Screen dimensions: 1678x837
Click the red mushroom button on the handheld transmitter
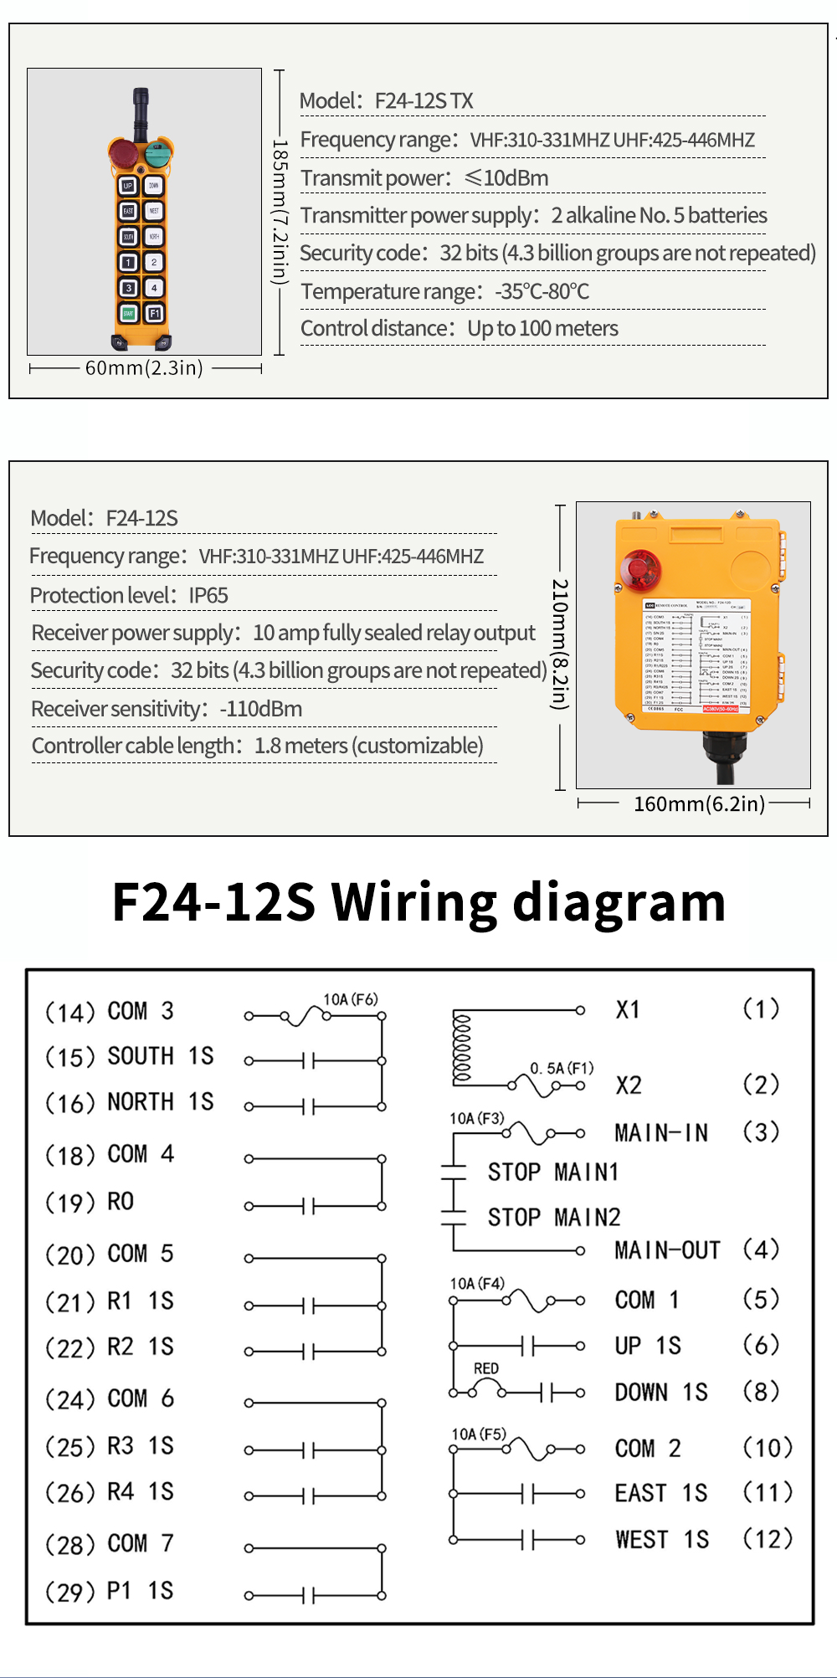pos(123,153)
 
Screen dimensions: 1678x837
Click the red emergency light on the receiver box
pos(640,570)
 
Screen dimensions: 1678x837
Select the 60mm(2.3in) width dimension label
pos(144,368)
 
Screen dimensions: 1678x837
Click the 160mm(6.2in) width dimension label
pos(699,804)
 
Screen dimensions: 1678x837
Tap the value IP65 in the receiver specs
pos(208,596)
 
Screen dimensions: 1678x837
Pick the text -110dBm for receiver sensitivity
pos(261,710)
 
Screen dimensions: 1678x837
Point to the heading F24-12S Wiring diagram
pos(418,902)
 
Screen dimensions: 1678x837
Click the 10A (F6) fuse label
pos(351,999)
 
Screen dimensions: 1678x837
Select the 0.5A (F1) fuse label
pos(562,1068)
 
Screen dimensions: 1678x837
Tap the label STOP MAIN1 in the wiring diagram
pos(553,1172)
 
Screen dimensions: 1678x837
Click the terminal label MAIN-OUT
pos(667,1250)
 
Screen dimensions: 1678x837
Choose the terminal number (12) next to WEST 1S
pos(768,1538)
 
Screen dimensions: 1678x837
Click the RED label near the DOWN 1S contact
pos(486,1368)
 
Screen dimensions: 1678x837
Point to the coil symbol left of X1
pos(462,1049)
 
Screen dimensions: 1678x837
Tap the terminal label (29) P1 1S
pos(110,1591)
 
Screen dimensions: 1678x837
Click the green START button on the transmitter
pos(128,313)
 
